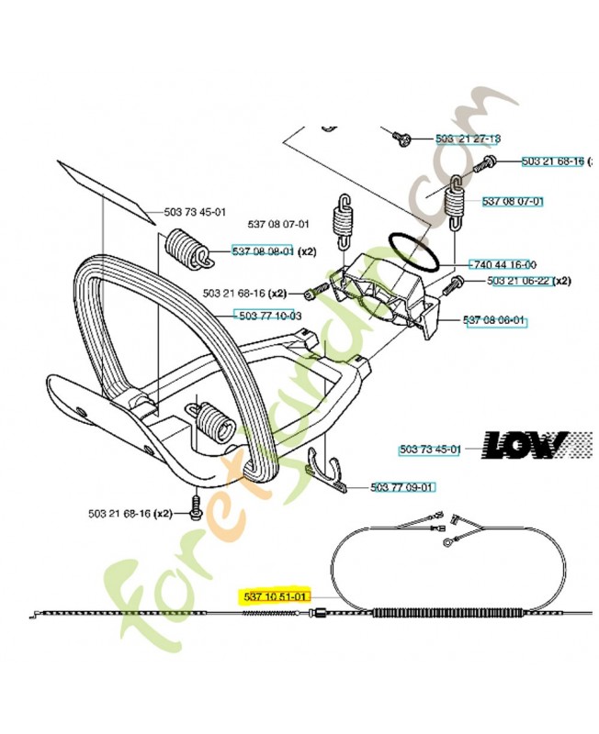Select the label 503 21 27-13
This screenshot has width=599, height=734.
coord(468,139)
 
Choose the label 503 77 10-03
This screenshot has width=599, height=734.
coord(269,316)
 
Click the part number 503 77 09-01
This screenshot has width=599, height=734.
coord(402,487)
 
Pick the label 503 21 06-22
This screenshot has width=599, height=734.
coord(519,281)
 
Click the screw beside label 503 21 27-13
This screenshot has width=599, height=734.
coord(401,138)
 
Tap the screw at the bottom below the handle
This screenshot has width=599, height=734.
coord(195,505)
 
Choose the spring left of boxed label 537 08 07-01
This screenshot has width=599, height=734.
coord(453,205)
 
